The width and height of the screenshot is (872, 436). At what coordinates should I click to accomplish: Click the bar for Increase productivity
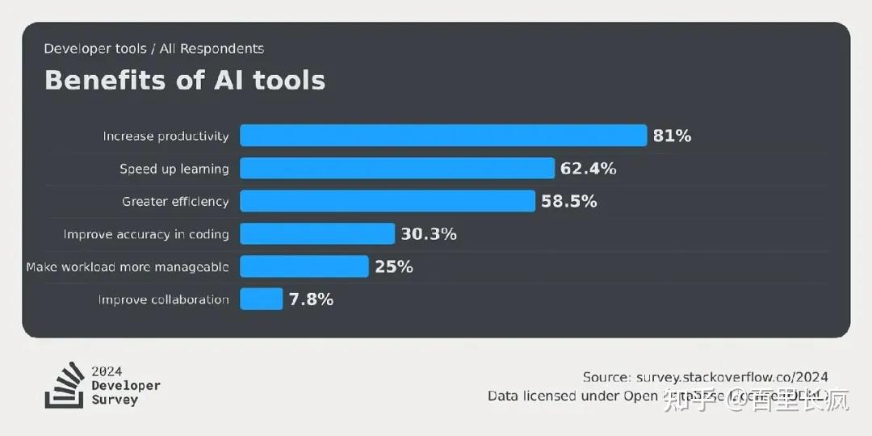(x=443, y=136)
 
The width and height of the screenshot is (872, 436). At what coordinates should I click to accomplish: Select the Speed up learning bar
(x=397, y=168)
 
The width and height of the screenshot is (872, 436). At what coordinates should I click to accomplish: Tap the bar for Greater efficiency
(x=388, y=201)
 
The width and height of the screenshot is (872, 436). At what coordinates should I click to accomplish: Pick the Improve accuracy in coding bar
(x=317, y=234)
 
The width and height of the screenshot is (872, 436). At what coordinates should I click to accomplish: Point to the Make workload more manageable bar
(x=304, y=266)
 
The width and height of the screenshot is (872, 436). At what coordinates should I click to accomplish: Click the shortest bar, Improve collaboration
(x=262, y=300)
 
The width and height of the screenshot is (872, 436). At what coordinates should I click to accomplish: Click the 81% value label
(x=672, y=136)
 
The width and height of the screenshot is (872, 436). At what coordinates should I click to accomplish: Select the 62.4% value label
(x=588, y=168)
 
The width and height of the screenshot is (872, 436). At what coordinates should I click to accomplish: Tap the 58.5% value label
(x=568, y=201)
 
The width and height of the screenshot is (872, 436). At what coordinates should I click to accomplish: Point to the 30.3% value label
(x=429, y=234)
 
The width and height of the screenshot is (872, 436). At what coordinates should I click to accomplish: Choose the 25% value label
(x=394, y=266)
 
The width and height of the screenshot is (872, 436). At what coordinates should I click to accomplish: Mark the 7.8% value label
(x=311, y=300)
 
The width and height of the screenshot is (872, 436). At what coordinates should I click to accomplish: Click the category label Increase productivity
(x=166, y=136)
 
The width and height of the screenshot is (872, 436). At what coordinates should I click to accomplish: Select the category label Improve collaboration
(x=163, y=300)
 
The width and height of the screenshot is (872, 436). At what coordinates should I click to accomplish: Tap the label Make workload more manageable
(x=127, y=266)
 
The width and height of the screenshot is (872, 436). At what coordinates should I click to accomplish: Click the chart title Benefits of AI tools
(x=185, y=80)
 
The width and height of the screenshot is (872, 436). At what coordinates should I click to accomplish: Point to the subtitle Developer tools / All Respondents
(x=153, y=48)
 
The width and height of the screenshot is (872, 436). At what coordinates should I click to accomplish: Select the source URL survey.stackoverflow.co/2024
(x=732, y=377)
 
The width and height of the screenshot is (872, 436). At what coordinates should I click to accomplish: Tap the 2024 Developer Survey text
(x=125, y=385)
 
